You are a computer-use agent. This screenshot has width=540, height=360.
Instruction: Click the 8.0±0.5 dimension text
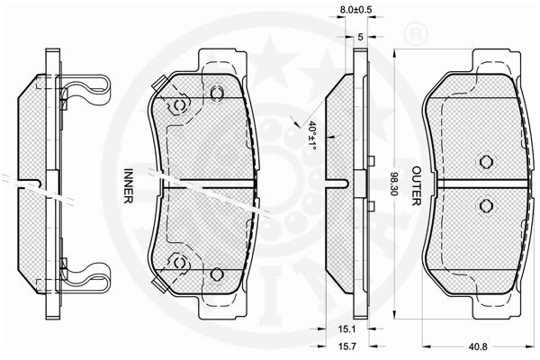(x=355, y=10)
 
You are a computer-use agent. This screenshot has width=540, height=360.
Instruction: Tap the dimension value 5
(x=360, y=37)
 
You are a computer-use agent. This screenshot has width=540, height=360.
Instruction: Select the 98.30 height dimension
(x=393, y=184)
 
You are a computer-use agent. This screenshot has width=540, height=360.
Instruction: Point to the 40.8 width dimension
(x=479, y=346)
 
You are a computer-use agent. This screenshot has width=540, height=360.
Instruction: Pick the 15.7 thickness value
(x=347, y=346)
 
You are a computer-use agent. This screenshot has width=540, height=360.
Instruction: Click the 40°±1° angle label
(x=312, y=135)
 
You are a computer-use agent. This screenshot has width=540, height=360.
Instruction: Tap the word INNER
(x=128, y=185)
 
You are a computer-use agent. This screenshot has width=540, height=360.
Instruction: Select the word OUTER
(x=417, y=186)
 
